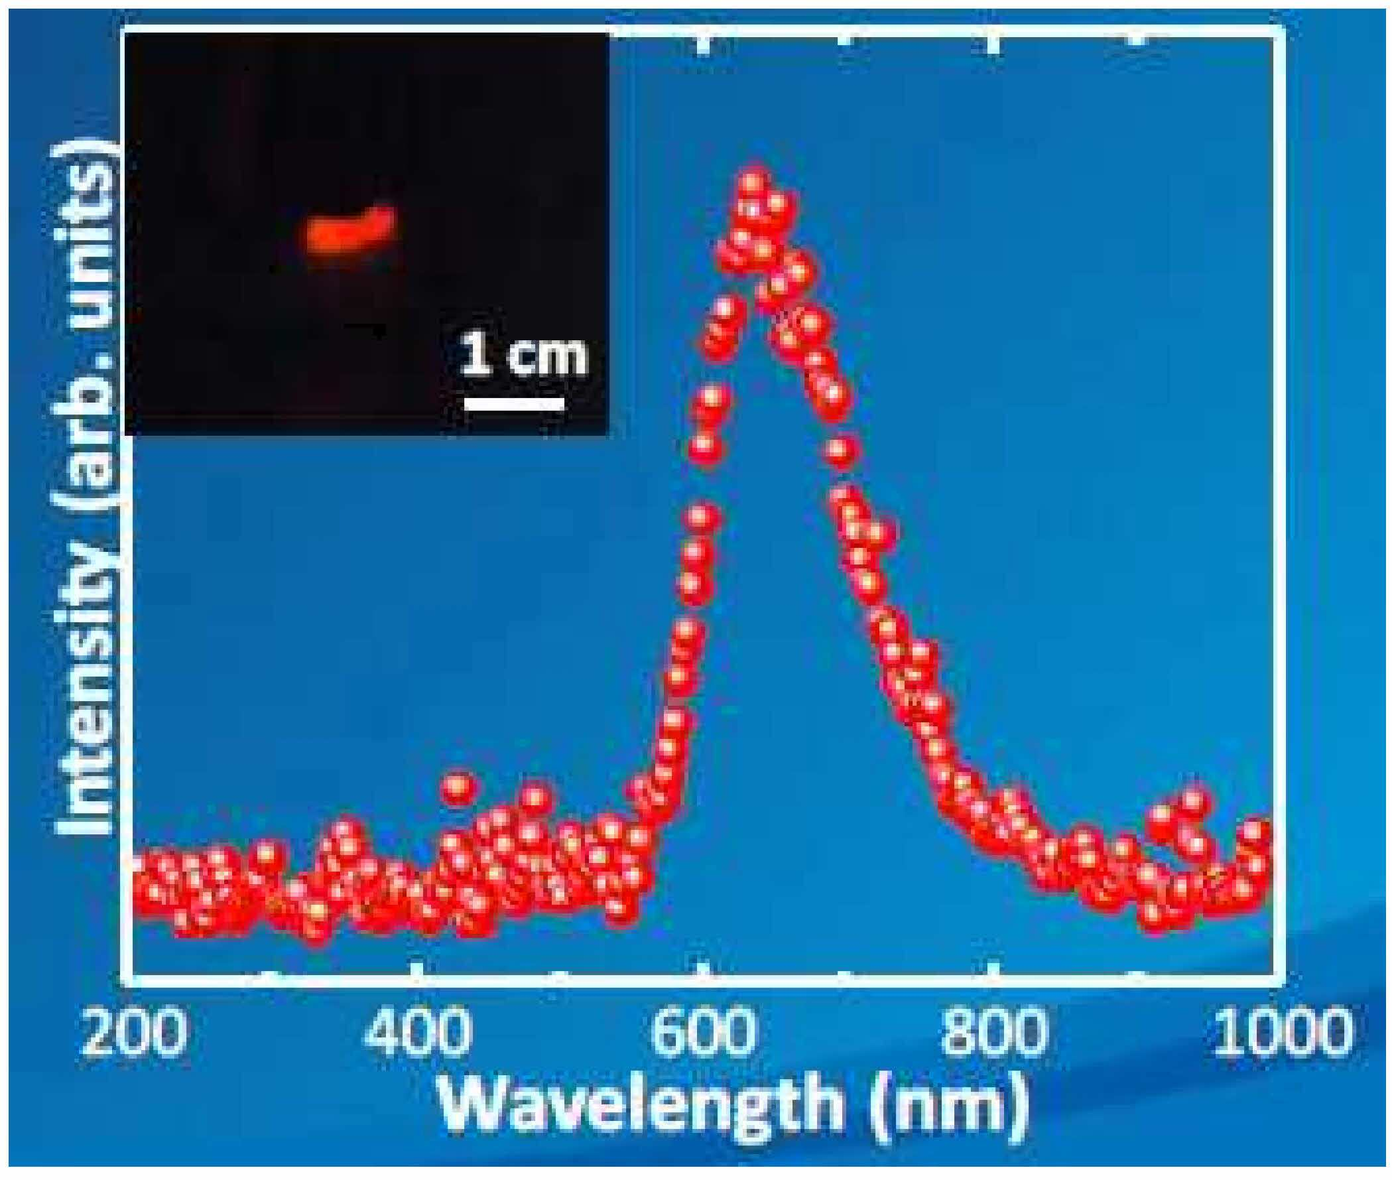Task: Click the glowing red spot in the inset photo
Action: [x=350, y=236]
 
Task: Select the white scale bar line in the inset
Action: [x=514, y=403]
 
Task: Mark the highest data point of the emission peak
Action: [x=752, y=182]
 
